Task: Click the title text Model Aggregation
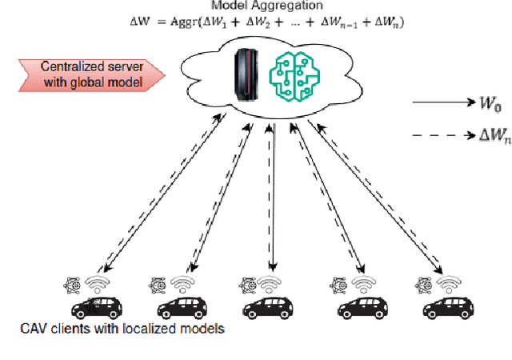pyautogui.click(x=255, y=6)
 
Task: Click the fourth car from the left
pyautogui.click(x=362, y=306)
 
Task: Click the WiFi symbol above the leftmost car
pyautogui.click(x=97, y=283)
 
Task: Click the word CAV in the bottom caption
pyautogui.click(x=34, y=329)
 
